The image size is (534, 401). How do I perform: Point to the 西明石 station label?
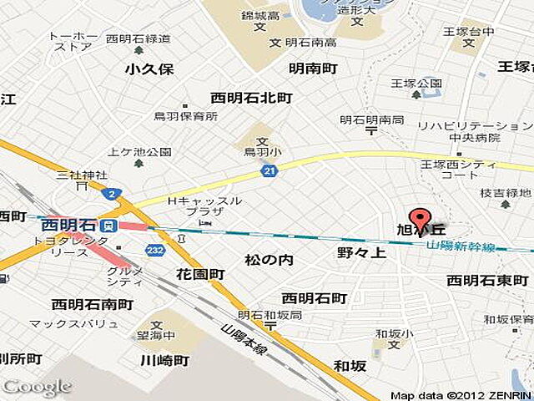(x=69, y=225)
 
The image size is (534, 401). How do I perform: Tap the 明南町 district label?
(x=313, y=69)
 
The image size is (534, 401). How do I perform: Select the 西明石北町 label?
(x=252, y=99)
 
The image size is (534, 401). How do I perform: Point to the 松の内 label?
(x=269, y=261)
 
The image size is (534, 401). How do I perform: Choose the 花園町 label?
(x=200, y=274)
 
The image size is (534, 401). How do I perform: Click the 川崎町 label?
(x=164, y=360)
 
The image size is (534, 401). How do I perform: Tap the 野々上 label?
(x=361, y=252)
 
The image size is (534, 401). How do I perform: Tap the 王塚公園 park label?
(x=417, y=84)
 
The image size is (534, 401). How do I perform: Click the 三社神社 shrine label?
(x=82, y=175)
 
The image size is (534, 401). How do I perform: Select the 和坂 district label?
(x=350, y=365)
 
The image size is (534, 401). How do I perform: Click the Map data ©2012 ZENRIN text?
(x=460, y=395)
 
